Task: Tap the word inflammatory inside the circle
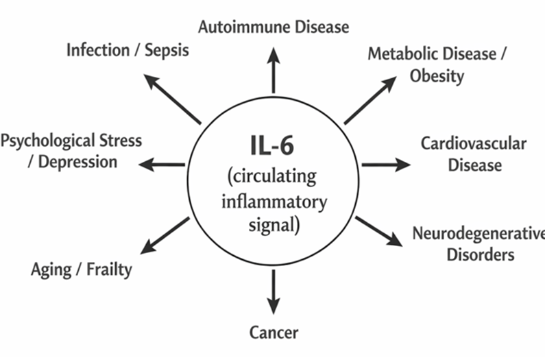pyautogui.click(x=274, y=202)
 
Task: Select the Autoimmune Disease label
pyautogui.click(x=274, y=27)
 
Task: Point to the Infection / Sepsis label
pyautogui.click(x=128, y=50)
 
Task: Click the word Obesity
pyautogui.click(x=437, y=75)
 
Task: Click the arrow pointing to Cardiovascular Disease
pyautogui.click(x=385, y=165)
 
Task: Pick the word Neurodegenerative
pyautogui.click(x=479, y=233)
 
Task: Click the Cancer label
pyautogui.click(x=274, y=333)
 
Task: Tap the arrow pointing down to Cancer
pyautogui.click(x=274, y=291)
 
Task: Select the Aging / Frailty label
pyautogui.click(x=82, y=269)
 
